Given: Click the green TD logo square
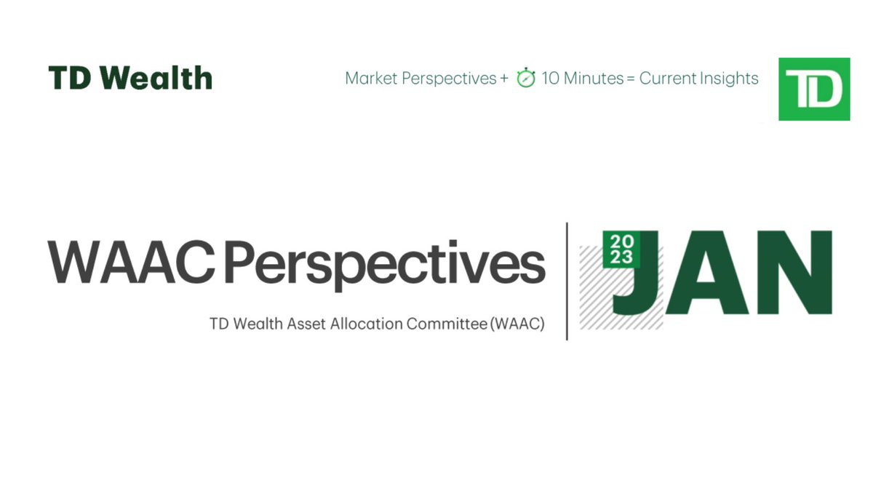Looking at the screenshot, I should (814, 89).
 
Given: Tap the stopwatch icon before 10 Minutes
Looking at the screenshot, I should (525, 78).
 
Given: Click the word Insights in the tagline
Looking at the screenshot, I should (727, 79).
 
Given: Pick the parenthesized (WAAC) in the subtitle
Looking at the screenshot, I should (517, 324).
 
